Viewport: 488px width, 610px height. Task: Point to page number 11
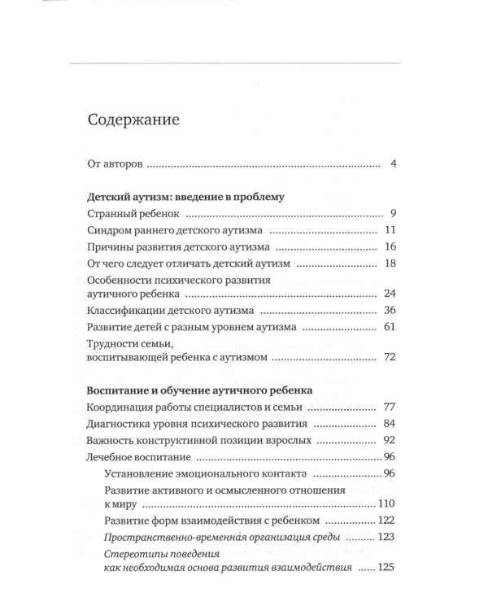pyautogui.click(x=390, y=230)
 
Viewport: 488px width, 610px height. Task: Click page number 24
pyautogui.click(x=389, y=294)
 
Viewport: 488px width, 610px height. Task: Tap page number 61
pyautogui.click(x=389, y=327)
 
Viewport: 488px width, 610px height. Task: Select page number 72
pyautogui.click(x=389, y=358)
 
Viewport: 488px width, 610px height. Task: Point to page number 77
pyautogui.click(x=389, y=407)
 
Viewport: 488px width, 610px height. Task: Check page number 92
pyautogui.click(x=389, y=440)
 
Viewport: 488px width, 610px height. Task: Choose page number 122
pyautogui.click(x=386, y=520)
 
